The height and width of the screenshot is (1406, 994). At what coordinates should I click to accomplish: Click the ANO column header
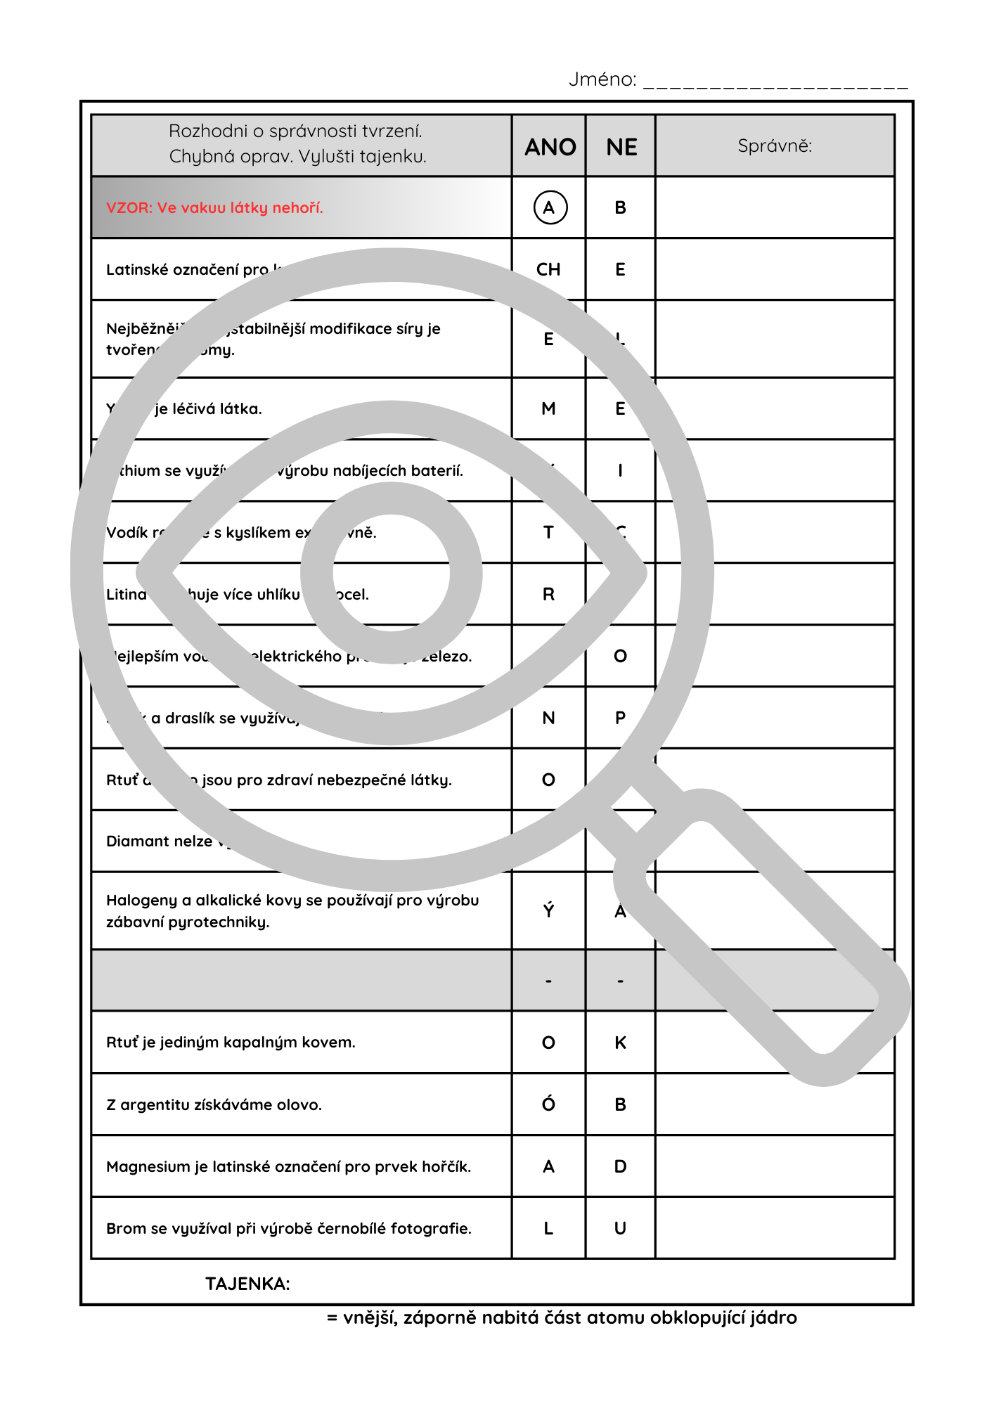550,147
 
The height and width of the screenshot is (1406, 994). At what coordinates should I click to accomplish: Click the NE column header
621,147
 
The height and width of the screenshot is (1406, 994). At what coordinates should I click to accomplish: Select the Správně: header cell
775,146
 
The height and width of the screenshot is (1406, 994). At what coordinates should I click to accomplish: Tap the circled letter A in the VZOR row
550,207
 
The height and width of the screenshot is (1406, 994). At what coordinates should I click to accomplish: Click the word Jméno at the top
602,79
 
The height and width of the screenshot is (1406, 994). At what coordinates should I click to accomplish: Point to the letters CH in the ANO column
548,269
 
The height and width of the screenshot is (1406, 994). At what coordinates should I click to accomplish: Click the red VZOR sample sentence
214,207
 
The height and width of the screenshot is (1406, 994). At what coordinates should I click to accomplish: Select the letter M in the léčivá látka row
548,408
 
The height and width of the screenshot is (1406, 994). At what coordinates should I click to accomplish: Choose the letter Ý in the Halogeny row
548,910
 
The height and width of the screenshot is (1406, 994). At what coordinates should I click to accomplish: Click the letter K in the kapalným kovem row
620,1043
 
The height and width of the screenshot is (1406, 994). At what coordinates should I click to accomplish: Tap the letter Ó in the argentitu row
548,1104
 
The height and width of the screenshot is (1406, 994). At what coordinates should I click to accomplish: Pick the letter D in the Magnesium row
620,1166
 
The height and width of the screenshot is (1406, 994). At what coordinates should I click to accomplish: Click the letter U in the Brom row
620,1228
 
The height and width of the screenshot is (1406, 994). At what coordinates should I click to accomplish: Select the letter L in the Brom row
548,1228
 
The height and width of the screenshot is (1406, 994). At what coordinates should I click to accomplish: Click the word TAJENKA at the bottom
247,1284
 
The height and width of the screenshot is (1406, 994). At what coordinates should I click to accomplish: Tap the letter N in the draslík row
548,718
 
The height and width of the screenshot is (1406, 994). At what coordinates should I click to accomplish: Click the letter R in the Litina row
548,594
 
